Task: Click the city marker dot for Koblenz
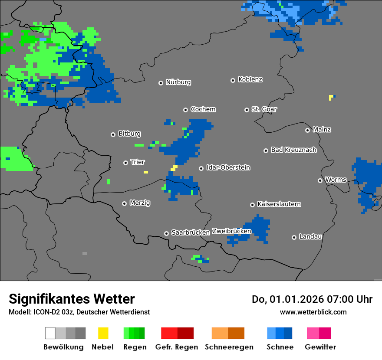(233, 80)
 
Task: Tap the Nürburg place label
(178, 82)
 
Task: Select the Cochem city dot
(185, 110)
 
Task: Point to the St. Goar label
(264, 109)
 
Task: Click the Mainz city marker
(307, 130)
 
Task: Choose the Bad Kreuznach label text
(293, 150)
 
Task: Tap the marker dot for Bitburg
(113, 134)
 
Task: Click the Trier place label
(138, 162)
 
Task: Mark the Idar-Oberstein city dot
(201, 168)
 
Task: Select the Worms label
(336, 180)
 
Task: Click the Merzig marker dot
(124, 203)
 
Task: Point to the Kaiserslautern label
(279, 204)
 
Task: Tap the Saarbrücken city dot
(166, 233)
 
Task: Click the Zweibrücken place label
(231, 231)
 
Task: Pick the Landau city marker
(294, 237)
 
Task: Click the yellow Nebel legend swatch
(103, 333)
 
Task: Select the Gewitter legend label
(320, 347)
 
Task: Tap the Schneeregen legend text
(229, 347)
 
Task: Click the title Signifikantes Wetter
(72, 299)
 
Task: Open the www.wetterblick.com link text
(313, 312)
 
